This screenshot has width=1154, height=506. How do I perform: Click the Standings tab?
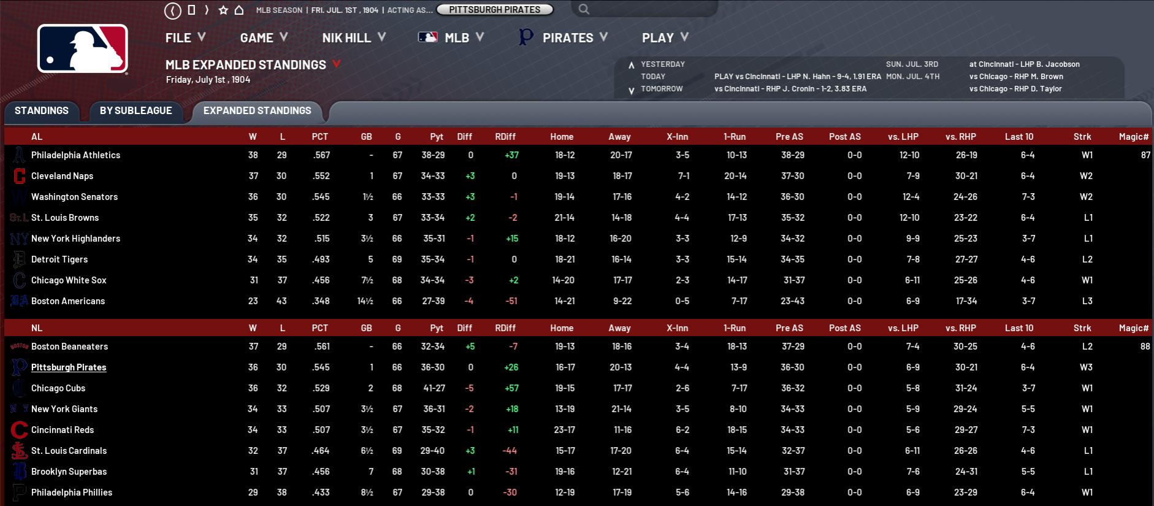click(42, 111)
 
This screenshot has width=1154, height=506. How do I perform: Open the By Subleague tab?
click(136, 111)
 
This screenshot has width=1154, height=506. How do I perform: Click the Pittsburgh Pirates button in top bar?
click(494, 10)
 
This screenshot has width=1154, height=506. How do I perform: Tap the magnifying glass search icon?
click(584, 9)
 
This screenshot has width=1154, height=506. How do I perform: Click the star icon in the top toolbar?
click(223, 10)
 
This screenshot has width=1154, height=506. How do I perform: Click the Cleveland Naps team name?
click(63, 176)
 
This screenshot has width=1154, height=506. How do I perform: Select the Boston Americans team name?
click(68, 301)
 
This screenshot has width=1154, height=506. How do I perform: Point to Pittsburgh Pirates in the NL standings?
click(69, 367)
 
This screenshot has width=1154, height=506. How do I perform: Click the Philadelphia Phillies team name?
click(72, 493)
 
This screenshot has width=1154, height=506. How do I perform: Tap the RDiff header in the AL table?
click(505, 137)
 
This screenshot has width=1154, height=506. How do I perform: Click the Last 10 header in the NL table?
click(1018, 328)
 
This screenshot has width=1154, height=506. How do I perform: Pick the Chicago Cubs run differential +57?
click(511, 388)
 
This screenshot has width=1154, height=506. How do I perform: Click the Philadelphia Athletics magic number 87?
click(1145, 155)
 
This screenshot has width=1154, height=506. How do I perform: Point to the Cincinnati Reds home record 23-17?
click(564, 430)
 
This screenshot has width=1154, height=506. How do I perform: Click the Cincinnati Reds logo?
click(19, 430)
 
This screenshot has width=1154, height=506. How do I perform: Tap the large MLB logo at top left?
click(83, 49)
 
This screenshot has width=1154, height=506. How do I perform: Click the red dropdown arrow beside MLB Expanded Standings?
click(336, 64)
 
